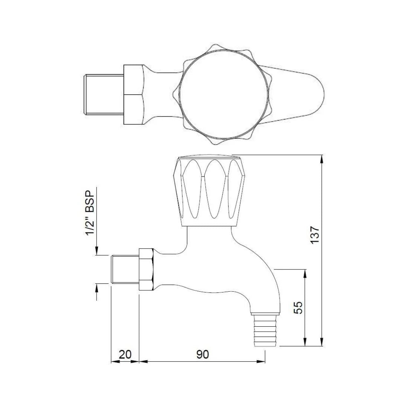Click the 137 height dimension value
coord(315,234)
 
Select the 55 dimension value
coord(298,307)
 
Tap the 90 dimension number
coord(202,354)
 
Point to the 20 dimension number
coord(125,354)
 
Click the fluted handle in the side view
coord(207,192)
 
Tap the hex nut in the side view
coord(146,269)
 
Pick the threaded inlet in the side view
coord(125,269)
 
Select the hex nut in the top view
coord(134,94)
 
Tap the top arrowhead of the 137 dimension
coord(321,159)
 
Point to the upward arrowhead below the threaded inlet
coord(97,288)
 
